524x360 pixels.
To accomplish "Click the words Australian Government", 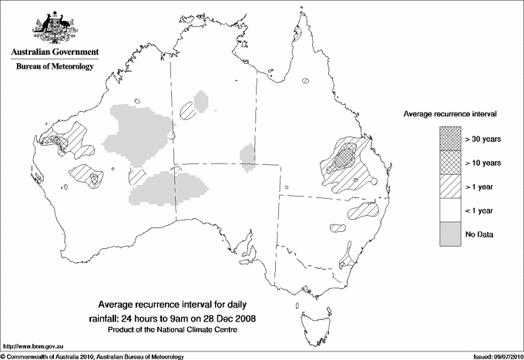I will pyautogui.click(x=54, y=52).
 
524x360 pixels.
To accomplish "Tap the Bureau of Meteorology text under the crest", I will pyautogui.click(x=54, y=67).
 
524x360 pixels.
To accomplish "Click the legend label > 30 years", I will pyautogui.click(x=483, y=139).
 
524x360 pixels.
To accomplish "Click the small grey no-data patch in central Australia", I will pyautogui.click(x=247, y=150).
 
